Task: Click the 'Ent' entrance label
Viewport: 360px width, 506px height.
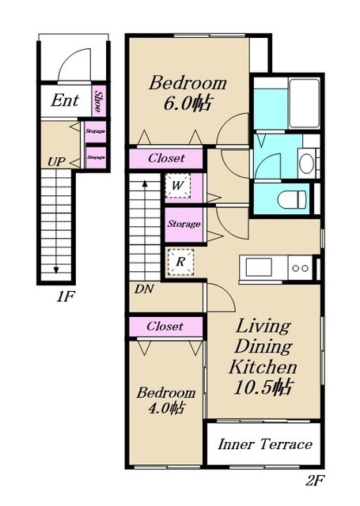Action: pyautogui.click(x=65, y=100)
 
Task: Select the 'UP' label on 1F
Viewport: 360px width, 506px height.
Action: pyautogui.click(x=56, y=161)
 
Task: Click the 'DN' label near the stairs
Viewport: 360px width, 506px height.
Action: pyautogui.click(x=144, y=289)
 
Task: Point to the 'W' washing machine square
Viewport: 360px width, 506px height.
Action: pyautogui.click(x=177, y=186)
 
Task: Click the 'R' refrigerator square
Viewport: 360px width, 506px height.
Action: pyautogui.click(x=180, y=262)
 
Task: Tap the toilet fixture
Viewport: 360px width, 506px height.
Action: pyautogui.click(x=291, y=199)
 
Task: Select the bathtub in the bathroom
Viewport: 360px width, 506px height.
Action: pyautogui.click(x=304, y=104)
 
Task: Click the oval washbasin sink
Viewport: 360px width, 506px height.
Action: pyautogui.click(x=306, y=164)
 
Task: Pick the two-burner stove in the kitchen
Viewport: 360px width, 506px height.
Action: pyautogui.click(x=301, y=268)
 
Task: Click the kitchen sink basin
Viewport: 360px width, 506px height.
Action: pyautogui.click(x=259, y=268)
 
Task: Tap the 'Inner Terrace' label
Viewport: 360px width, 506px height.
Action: pyautogui.click(x=265, y=444)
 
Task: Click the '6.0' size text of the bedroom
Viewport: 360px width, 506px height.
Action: pyautogui.click(x=177, y=104)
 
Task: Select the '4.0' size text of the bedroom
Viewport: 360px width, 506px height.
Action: pyautogui.click(x=157, y=409)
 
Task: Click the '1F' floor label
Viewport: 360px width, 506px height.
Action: pyautogui.click(x=66, y=296)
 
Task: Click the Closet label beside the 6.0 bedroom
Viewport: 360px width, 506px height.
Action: pyautogui.click(x=166, y=158)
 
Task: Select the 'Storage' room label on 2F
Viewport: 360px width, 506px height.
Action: pyautogui.click(x=184, y=224)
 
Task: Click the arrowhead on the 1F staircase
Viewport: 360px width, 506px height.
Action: pyautogui.click(x=56, y=270)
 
